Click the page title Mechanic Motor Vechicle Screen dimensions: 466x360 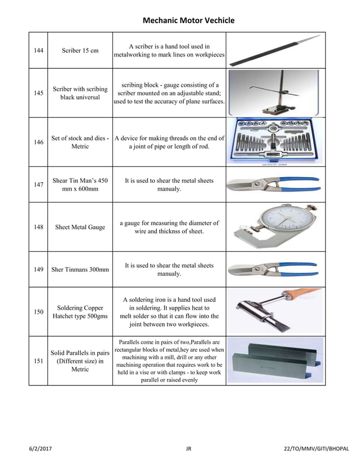pyautogui.click(x=180, y=21)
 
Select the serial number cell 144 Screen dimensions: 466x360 pyautogui.click(x=38, y=50)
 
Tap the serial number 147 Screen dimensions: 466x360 pyautogui.click(x=38, y=184)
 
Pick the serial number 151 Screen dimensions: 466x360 pyautogui.click(x=38, y=361)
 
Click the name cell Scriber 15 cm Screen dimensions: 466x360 pyautogui.click(x=80, y=50)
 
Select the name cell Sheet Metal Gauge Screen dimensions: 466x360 pyautogui.click(x=80, y=227)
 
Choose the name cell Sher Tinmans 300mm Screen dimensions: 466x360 pyautogui.click(x=80, y=270)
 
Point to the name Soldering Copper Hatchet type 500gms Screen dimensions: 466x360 pyautogui.click(x=80, y=312)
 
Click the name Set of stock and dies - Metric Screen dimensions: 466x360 pyautogui.click(x=80, y=142)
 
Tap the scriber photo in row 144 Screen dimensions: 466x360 pyautogui.click(x=275, y=50)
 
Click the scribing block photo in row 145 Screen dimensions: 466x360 pyautogui.click(x=275, y=93)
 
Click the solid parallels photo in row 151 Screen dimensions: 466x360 pyautogui.click(x=275, y=361)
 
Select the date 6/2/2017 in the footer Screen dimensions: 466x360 pyautogui.click(x=42, y=449)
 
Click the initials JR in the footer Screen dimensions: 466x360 pyautogui.click(x=188, y=449)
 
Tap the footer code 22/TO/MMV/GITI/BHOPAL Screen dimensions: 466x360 pyautogui.click(x=316, y=449)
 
